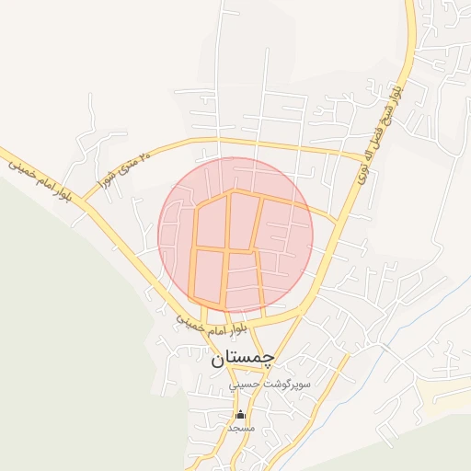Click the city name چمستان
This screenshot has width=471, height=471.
pos(243,358)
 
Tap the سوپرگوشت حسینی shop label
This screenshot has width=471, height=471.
pos(271,382)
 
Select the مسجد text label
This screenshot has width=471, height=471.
pos(240,428)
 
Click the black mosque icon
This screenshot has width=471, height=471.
pos(240,413)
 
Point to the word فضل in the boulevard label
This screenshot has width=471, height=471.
pos(379,130)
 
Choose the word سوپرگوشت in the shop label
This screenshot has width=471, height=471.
pos(286,382)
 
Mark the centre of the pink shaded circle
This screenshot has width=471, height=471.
pos(235,235)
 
